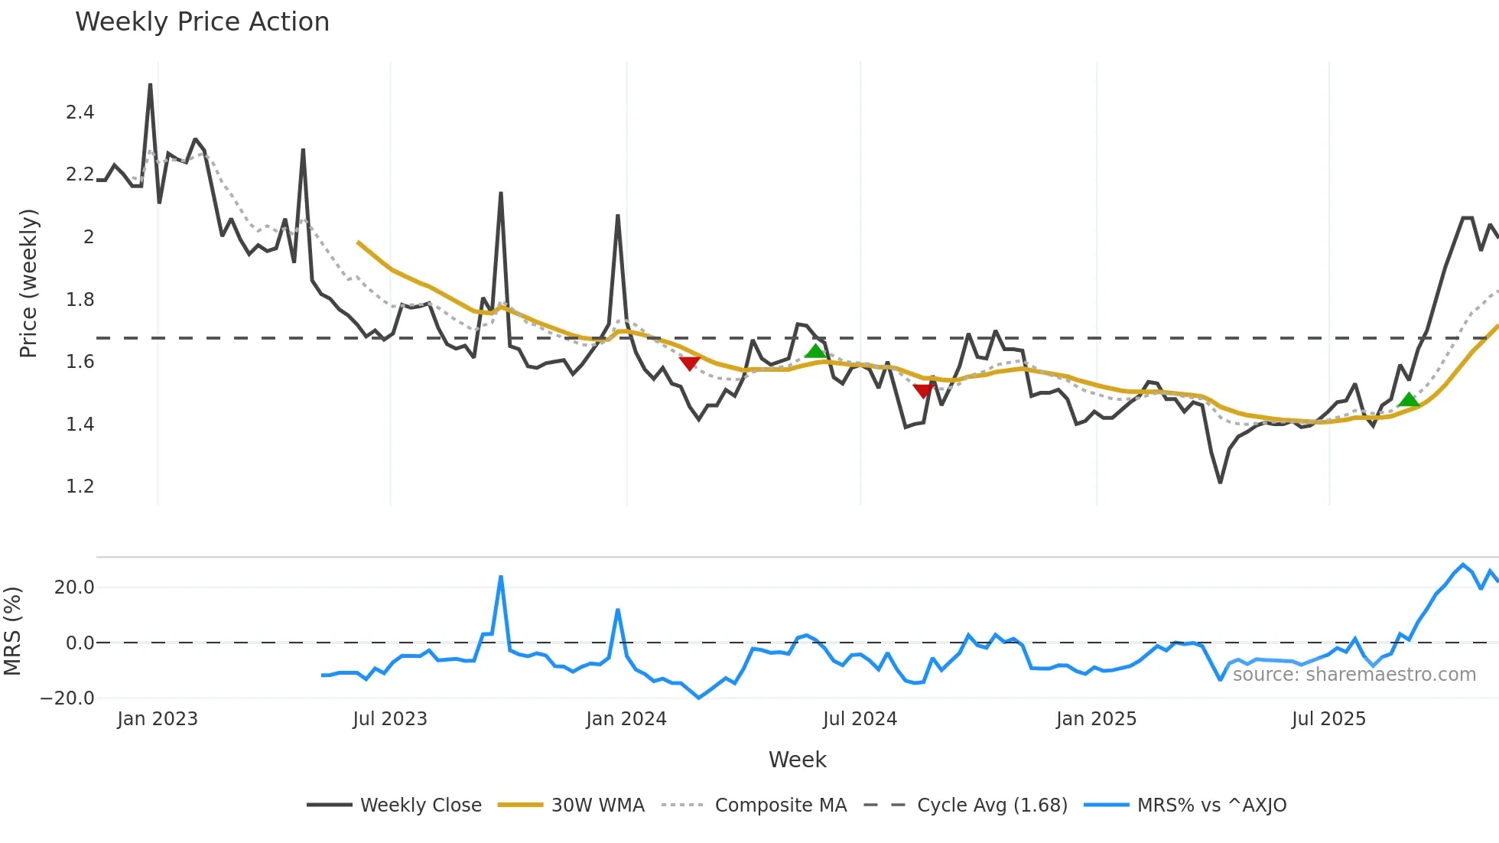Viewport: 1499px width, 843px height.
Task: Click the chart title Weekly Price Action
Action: point(202,22)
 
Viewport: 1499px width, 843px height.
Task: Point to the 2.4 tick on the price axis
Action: point(80,112)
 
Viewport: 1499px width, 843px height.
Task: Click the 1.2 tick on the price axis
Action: point(80,487)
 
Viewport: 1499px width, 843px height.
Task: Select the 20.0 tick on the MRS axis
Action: point(74,587)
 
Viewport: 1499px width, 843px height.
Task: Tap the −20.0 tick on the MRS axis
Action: point(67,698)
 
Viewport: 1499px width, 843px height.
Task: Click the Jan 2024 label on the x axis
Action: point(626,719)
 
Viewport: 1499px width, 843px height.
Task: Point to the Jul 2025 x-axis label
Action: point(1328,719)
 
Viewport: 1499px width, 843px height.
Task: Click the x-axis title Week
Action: point(797,760)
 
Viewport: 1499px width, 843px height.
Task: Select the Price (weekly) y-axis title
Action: point(28,283)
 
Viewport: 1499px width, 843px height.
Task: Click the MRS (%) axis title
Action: point(12,631)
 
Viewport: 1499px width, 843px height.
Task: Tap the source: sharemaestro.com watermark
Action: point(1354,675)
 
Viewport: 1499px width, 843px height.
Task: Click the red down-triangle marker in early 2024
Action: point(690,363)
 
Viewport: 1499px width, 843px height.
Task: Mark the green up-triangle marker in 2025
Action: point(1408,399)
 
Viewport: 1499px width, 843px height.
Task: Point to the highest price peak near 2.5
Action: point(150,85)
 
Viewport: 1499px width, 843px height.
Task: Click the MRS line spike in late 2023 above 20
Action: point(501,577)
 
